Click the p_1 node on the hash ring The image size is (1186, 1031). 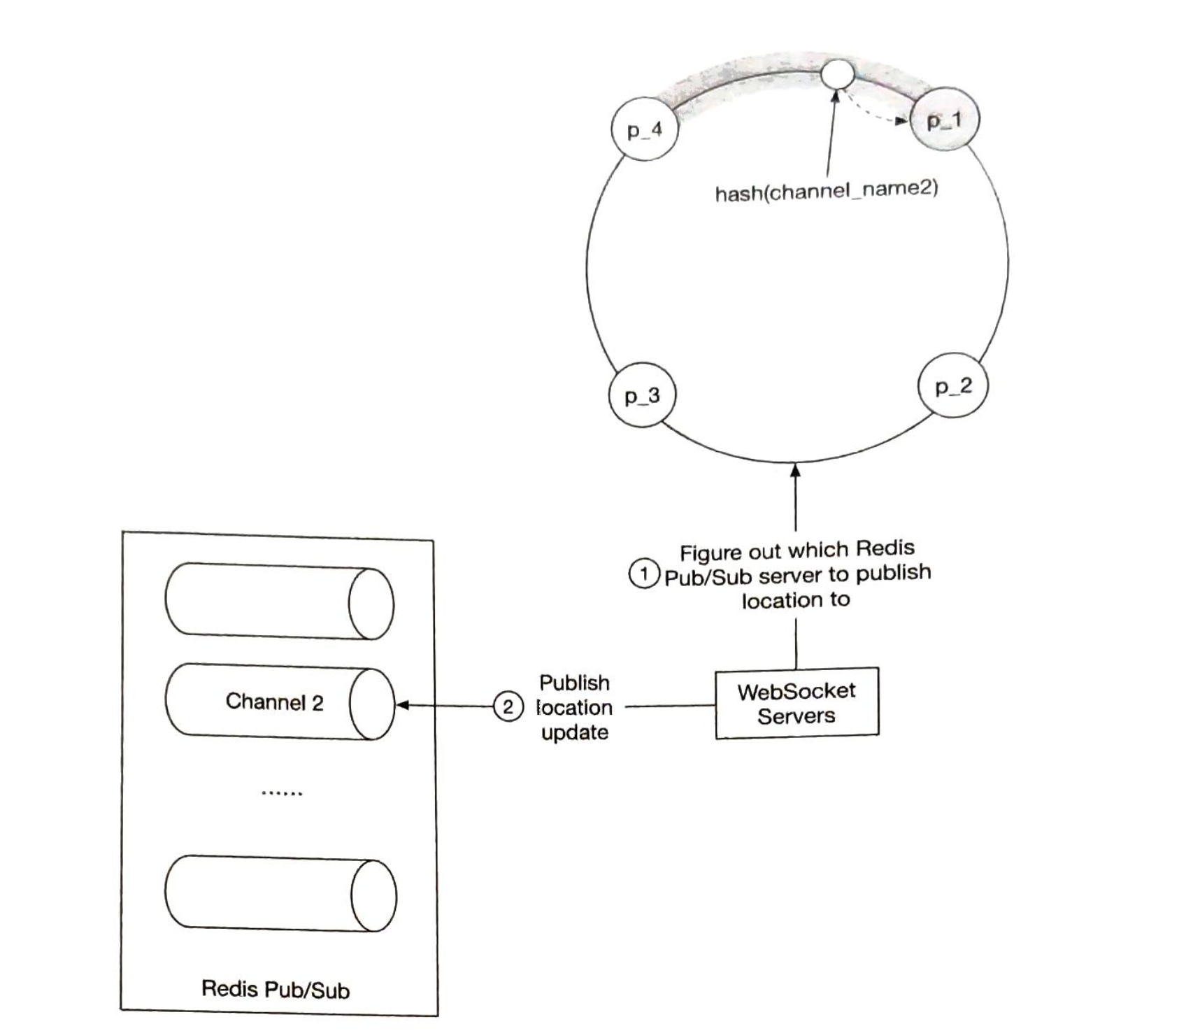(945, 120)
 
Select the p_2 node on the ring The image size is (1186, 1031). (952, 385)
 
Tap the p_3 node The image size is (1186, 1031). (643, 395)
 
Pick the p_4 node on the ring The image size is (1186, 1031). (644, 129)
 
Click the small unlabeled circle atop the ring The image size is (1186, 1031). (836, 74)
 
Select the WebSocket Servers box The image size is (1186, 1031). (796, 703)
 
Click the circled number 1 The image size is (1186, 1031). (643, 574)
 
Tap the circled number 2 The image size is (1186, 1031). (508, 706)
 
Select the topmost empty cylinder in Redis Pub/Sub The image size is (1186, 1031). (278, 601)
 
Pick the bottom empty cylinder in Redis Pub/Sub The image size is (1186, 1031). (280, 893)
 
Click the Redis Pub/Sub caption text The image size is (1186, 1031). (276, 988)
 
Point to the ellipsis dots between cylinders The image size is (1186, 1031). (281, 793)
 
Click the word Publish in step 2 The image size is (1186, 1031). (574, 682)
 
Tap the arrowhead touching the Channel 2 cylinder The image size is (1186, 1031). (403, 705)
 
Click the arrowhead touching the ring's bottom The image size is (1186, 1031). (795, 470)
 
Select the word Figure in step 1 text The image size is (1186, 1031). (710, 553)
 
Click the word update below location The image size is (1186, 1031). (574, 732)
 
